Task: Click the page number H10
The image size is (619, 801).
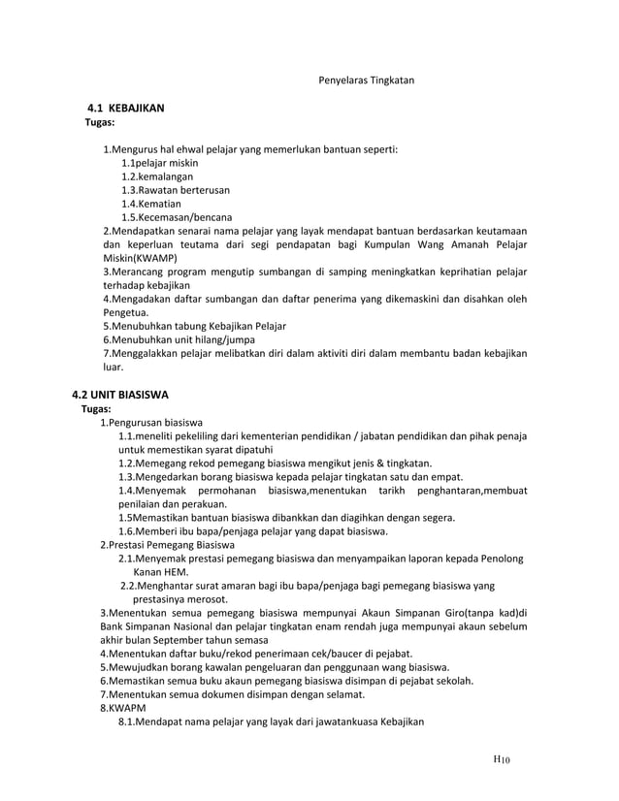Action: (x=502, y=759)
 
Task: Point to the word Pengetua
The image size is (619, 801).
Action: (x=128, y=313)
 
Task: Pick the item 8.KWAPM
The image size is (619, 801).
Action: (x=122, y=708)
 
